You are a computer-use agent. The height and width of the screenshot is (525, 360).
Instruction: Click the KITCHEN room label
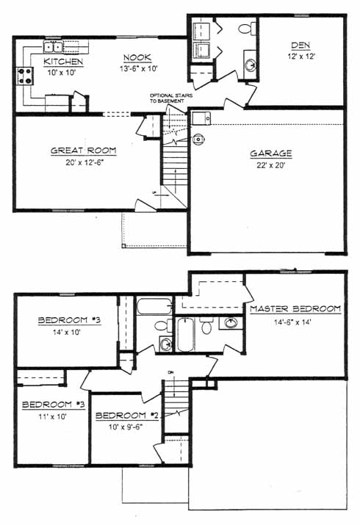pos(63,62)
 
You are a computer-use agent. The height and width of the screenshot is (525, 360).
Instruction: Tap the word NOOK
pos(137,57)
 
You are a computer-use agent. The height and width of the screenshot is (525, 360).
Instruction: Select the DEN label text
pos(300,46)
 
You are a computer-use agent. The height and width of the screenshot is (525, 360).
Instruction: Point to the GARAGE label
pos(271,153)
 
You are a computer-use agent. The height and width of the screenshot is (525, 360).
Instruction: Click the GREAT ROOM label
pos(84,151)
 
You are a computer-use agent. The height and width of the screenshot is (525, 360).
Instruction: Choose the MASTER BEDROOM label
pos(295,308)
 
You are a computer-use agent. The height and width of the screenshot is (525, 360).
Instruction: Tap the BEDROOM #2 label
pos(127,416)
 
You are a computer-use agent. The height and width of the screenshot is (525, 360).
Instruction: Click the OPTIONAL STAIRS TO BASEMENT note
pos(171,98)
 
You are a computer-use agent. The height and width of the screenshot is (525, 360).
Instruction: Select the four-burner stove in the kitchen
pos(26,76)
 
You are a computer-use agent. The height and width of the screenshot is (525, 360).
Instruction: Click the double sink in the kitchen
pos(54,47)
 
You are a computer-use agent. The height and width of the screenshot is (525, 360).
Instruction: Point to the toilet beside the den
pos(248,28)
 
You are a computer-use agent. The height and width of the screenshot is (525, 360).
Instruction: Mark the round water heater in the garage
pos(198,139)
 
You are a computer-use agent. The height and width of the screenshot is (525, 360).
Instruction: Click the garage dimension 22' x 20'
pos(270,165)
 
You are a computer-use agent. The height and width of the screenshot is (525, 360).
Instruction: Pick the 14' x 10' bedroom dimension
pos(67,333)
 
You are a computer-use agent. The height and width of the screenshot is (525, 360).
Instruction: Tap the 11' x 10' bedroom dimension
pos(53,417)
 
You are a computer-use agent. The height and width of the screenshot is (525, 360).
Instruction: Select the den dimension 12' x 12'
pos(301,57)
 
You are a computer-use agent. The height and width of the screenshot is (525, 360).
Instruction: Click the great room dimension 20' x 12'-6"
pos(85,163)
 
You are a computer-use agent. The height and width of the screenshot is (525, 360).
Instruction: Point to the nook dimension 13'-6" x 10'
pos(139,68)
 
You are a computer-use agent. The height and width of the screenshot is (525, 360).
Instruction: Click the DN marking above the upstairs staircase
pos(171,372)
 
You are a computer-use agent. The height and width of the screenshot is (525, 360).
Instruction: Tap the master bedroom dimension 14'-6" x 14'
pos(292,322)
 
